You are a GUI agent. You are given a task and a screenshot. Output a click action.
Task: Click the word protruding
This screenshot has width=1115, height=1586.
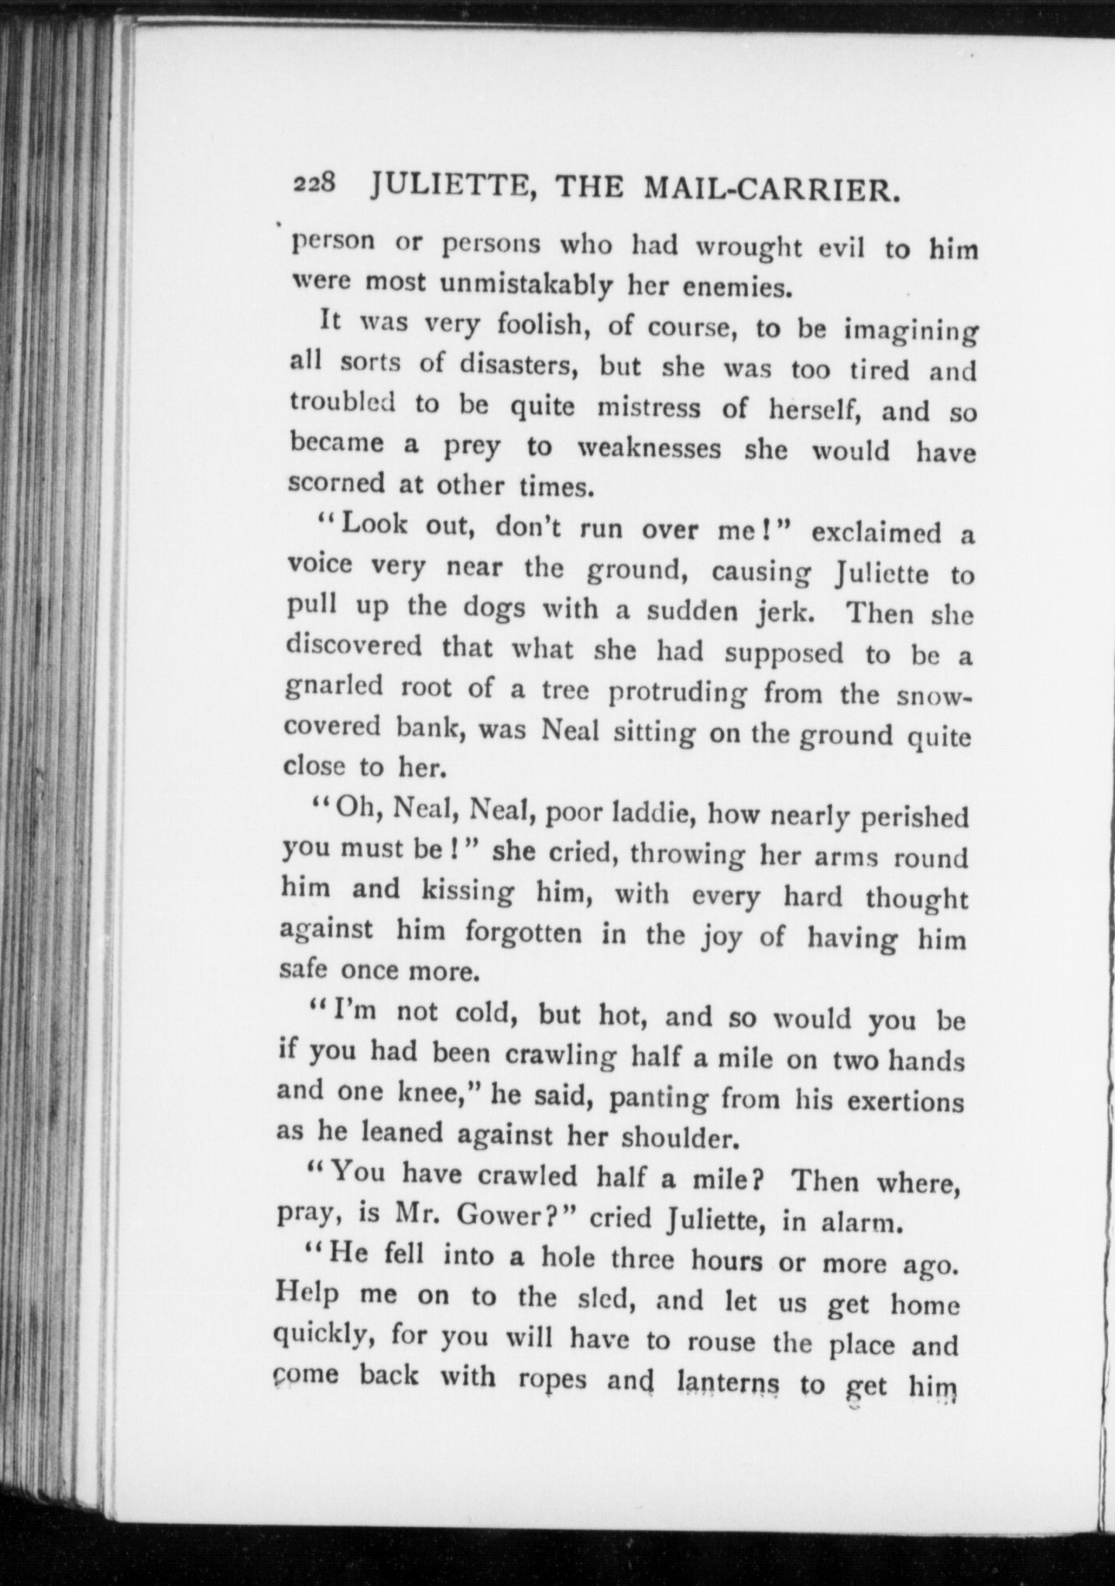coord(677,692)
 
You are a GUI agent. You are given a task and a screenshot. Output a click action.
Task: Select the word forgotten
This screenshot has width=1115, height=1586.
coord(523,932)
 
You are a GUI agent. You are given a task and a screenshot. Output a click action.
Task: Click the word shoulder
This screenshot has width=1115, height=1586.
coord(667,1138)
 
